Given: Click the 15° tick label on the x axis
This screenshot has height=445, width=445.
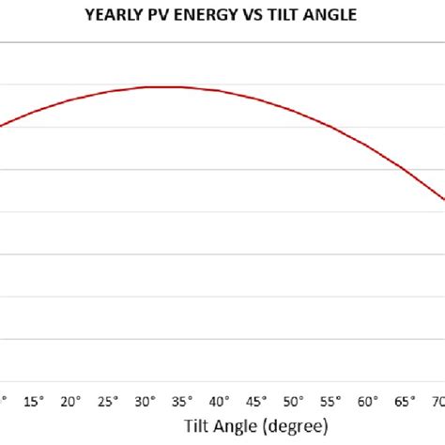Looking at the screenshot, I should pos(33,402).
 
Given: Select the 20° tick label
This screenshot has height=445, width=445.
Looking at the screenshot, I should pos(70,402).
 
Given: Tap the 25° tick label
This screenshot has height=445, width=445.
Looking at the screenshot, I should pos(108,402).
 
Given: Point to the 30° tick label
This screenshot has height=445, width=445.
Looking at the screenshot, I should pos(146,402).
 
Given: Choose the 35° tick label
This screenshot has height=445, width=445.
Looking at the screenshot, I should pos(182,402).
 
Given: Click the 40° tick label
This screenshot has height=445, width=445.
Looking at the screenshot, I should pos(220,402).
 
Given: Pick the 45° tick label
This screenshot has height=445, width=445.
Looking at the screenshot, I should pos(257,402).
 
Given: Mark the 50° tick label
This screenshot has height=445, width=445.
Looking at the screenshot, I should pos(294,402).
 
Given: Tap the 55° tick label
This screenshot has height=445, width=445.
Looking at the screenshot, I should pos(331,402).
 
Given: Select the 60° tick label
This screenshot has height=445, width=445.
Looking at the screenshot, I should pos(369,402).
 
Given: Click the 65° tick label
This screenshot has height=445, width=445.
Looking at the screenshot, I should pos(406,402).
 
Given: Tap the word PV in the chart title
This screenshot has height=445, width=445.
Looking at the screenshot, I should pos(157,14).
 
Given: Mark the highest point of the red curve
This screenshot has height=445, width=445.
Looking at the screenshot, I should pos(169,86).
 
